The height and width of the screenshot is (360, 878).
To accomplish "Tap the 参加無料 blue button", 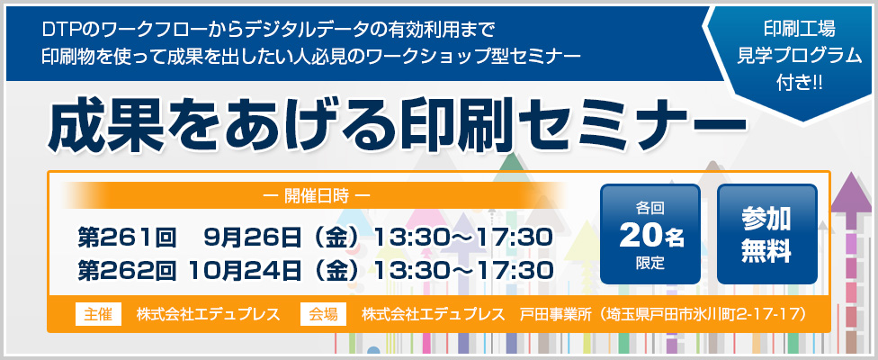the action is click(x=766, y=234).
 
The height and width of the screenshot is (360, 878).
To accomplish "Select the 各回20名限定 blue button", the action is click(x=650, y=234).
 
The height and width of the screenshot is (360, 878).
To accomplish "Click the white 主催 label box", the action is click(x=98, y=314).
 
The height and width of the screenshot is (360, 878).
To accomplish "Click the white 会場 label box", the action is click(x=323, y=314).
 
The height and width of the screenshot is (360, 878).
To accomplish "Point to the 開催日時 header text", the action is click(x=317, y=196).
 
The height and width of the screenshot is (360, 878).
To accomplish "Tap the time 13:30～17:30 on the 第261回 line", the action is click(x=463, y=238).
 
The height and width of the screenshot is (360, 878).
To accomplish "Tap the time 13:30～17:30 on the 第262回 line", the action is click(x=463, y=270).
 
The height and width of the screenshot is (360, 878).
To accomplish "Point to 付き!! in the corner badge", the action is click(x=800, y=82).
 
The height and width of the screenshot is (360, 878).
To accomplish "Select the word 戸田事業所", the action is click(x=555, y=314).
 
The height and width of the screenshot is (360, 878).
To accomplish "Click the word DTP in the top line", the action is click(x=57, y=29).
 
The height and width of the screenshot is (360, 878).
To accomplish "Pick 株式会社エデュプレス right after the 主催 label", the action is click(x=209, y=314).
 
